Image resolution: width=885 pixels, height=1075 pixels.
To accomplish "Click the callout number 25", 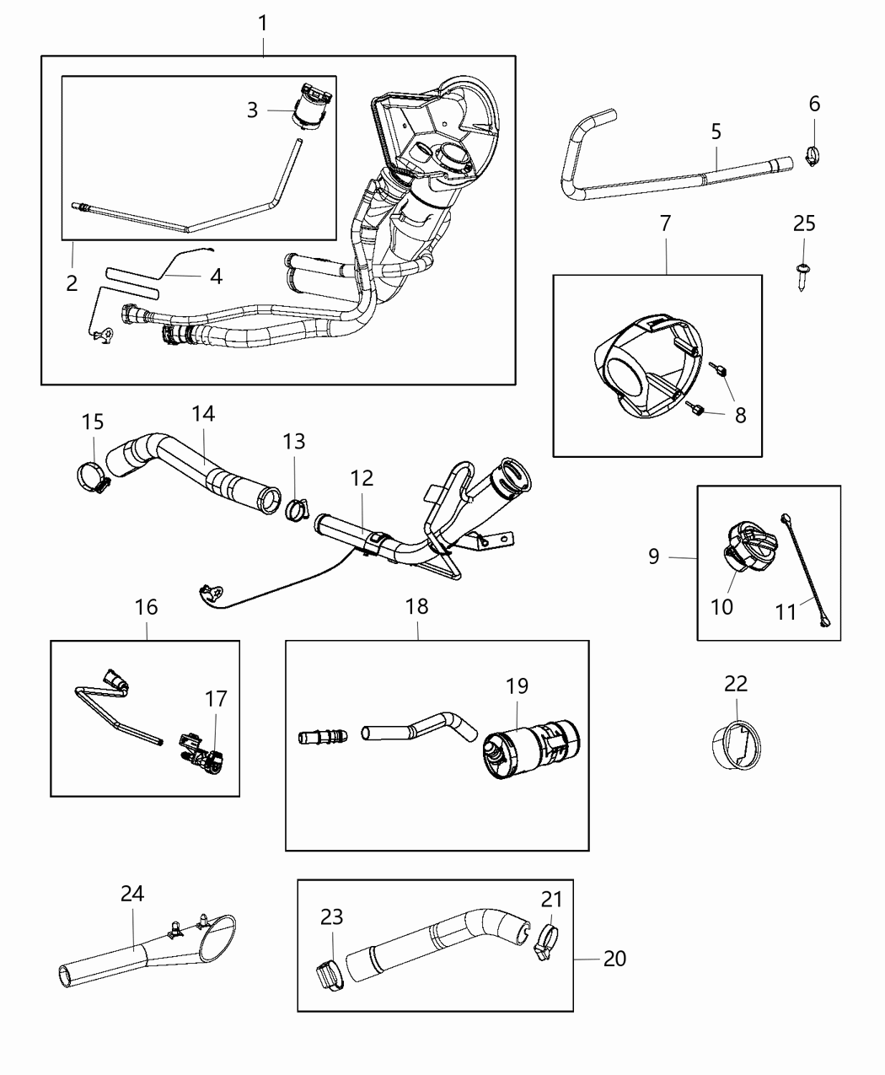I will [804, 223].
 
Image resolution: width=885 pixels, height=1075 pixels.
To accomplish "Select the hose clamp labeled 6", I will [812, 156].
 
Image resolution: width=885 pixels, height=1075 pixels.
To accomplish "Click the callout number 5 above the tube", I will [716, 132].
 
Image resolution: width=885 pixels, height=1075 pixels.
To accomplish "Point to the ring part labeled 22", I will [735, 744].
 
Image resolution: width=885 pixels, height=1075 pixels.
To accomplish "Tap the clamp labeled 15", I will [94, 478].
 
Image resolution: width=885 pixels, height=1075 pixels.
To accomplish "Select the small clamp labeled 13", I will [297, 509].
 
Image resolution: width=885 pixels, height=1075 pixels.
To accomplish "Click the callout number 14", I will [203, 413].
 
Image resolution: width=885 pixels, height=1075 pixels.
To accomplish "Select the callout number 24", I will [132, 895].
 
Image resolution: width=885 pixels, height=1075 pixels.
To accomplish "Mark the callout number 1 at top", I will [263, 23].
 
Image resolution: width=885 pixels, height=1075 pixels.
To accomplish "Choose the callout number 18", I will [416, 606].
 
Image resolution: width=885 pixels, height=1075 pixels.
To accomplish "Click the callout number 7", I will [665, 223].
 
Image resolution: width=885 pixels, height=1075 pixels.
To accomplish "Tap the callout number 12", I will [362, 478].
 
